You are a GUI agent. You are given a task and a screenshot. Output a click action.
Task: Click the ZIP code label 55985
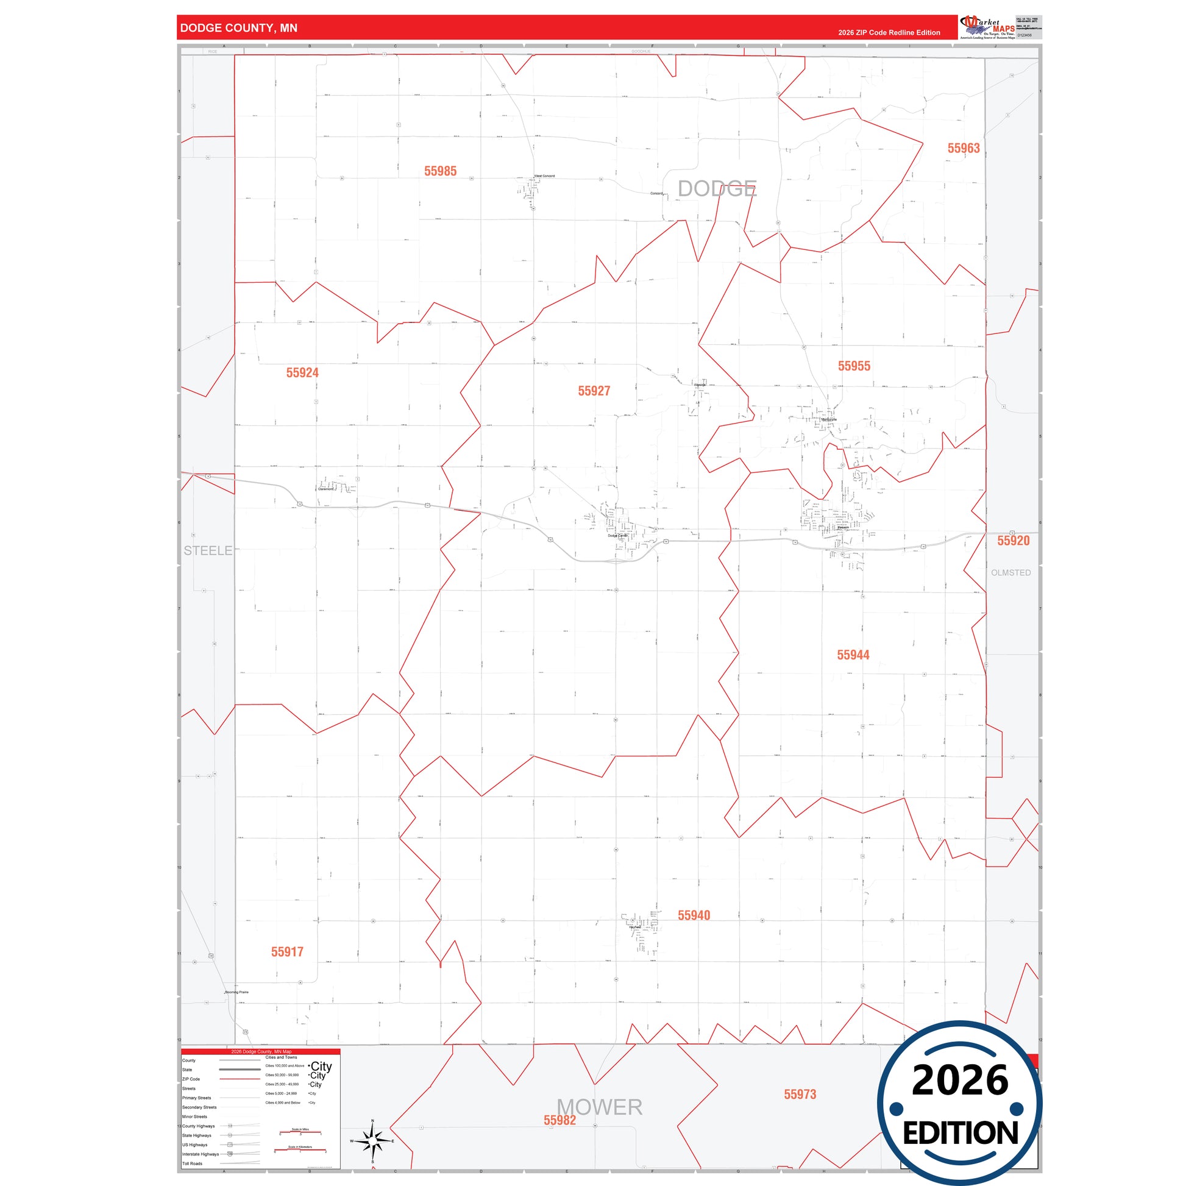[440, 171]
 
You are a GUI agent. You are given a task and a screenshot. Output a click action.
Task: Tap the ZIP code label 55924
[302, 372]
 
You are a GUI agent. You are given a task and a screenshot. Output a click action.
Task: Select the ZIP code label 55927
[594, 391]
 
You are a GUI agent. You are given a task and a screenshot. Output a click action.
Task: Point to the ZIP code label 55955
[854, 366]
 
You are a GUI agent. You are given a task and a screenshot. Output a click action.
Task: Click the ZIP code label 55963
[963, 148]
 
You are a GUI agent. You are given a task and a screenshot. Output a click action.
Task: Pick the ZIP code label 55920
[1013, 540]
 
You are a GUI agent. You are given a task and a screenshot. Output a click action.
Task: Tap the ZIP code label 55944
[853, 655]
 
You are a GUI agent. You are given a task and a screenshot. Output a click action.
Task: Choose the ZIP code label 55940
[694, 915]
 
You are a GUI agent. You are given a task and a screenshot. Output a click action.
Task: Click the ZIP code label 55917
[287, 951]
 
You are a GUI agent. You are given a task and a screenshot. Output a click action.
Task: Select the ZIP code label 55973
[800, 1094]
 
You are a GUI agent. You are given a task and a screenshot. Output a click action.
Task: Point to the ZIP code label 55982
[559, 1120]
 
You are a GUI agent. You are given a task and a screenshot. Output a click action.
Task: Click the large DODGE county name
[717, 188]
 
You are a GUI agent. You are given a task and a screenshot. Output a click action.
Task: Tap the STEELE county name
[208, 551]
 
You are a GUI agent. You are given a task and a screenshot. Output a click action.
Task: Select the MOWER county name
[599, 1107]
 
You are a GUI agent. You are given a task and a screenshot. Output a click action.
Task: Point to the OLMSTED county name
[1010, 573]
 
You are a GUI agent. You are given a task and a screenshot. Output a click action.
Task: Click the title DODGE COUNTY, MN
[239, 28]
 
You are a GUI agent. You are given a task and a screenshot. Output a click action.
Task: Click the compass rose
[372, 1140]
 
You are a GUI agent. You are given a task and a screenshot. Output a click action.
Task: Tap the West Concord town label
[544, 176]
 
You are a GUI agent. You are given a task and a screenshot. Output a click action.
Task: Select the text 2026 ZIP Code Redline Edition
[889, 32]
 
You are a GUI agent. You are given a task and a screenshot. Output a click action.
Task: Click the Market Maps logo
[987, 27]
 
